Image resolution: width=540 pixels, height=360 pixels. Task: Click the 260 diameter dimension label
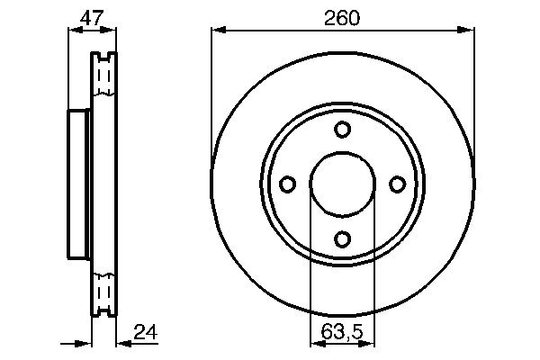click(342, 18)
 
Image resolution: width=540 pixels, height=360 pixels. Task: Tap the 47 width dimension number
click(92, 18)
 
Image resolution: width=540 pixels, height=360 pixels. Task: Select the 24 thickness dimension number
click(145, 332)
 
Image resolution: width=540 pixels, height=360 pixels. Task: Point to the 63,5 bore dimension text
click(342, 332)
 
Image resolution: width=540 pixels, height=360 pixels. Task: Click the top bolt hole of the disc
click(342, 130)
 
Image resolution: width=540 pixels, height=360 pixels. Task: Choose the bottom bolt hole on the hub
click(342, 239)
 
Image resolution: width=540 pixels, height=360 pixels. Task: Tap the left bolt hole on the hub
click(288, 184)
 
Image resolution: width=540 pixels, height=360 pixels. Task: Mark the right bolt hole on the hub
click(398, 184)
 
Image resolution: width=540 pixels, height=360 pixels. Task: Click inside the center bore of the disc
click(343, 184)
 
